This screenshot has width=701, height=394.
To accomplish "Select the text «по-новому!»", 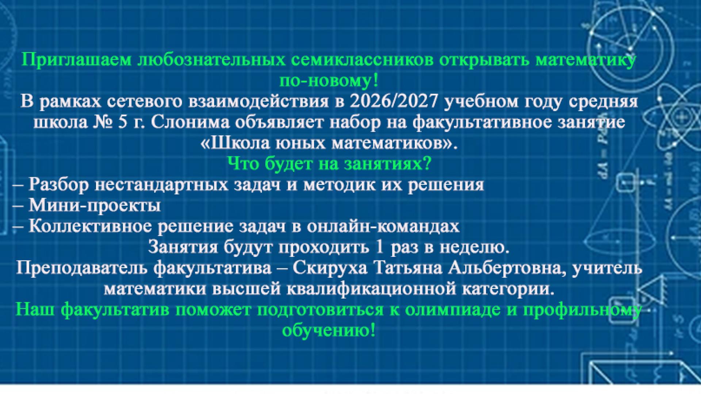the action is coord(329,81).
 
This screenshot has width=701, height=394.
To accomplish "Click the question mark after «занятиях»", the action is coord(428,164).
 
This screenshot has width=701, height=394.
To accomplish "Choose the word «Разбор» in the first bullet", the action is coord(59,185).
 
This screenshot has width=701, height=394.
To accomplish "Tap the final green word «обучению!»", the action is coord(329,331).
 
